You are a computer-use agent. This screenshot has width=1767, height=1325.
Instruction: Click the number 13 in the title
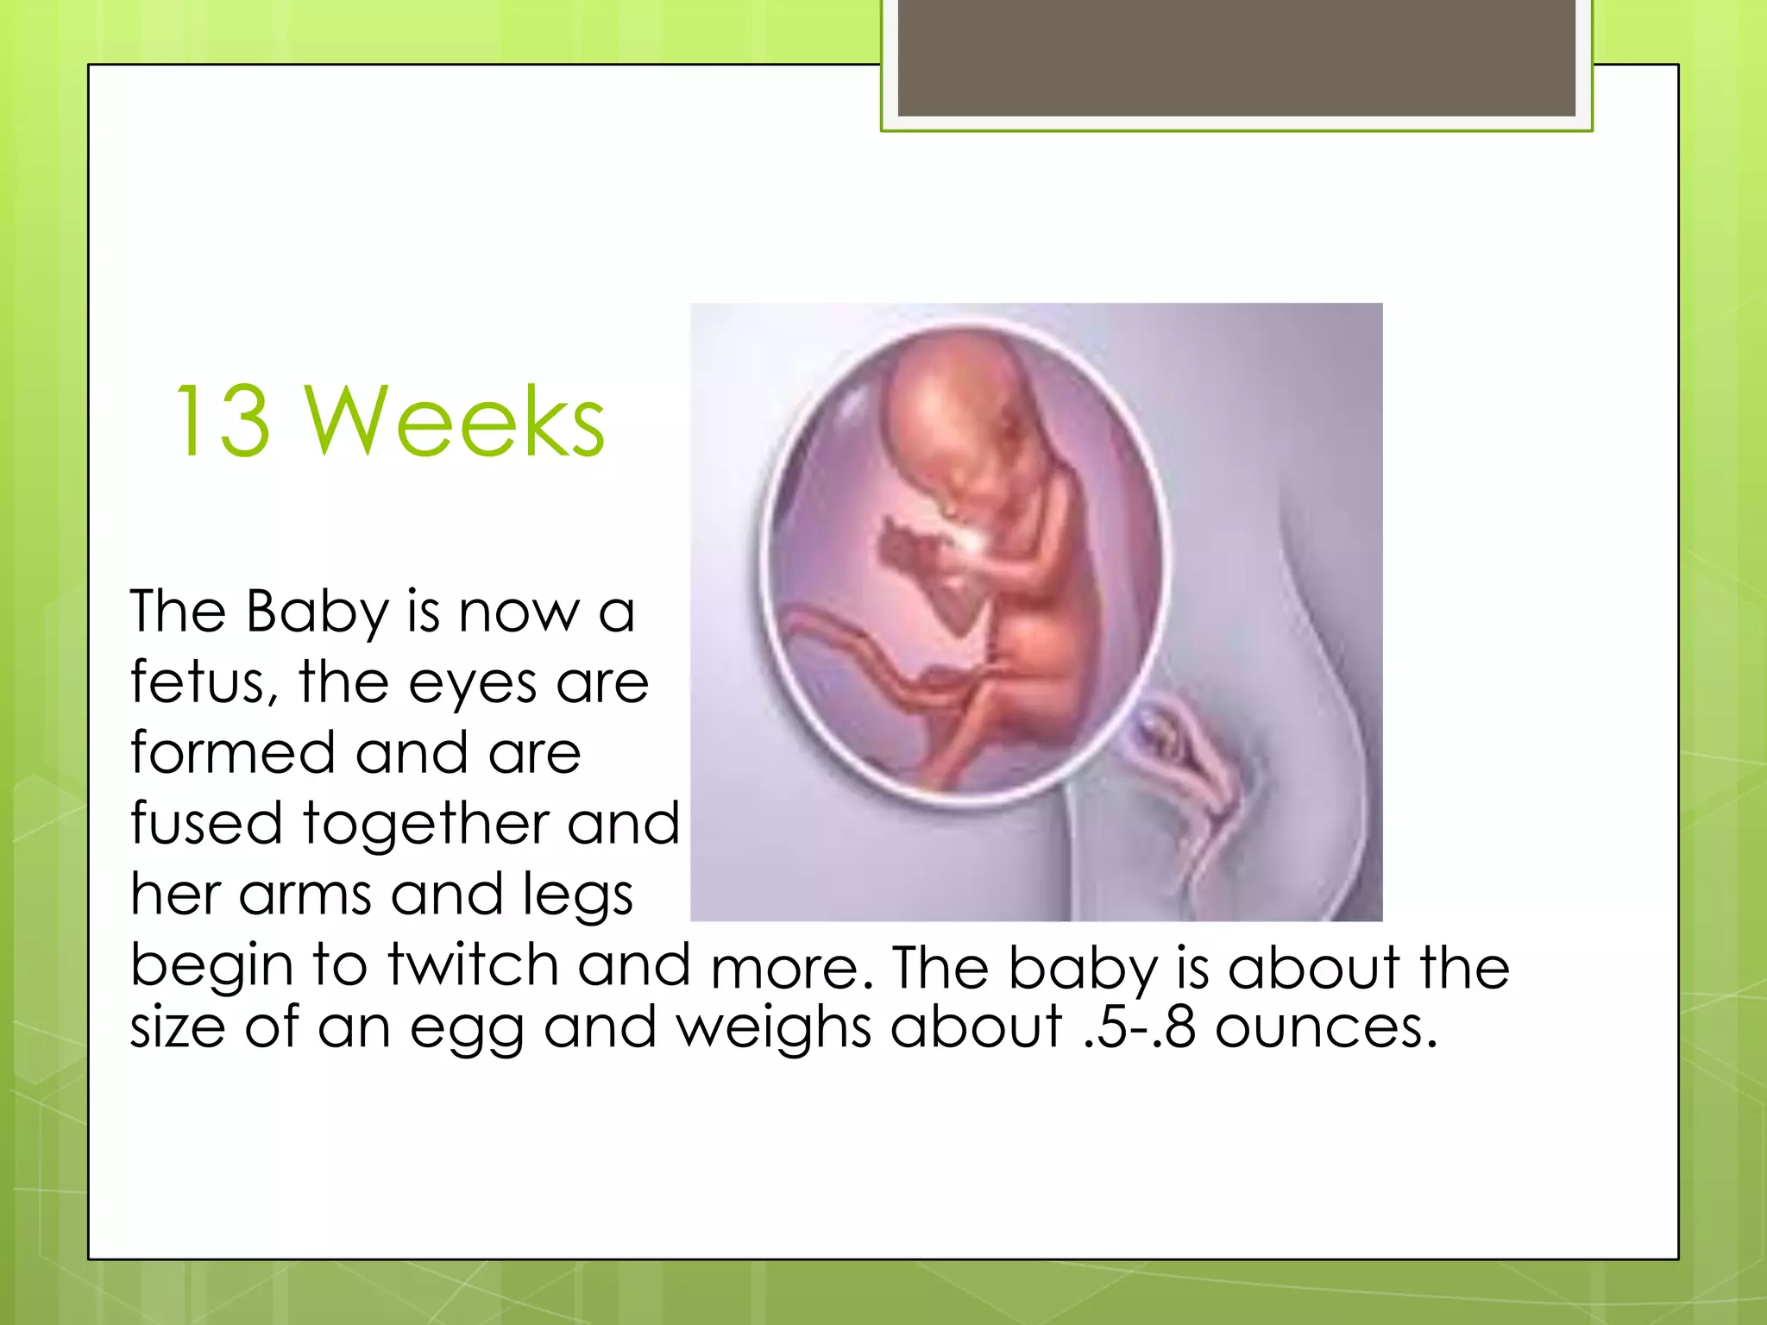pos(223,422)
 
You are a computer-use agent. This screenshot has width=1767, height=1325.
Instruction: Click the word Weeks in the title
pos(455,422)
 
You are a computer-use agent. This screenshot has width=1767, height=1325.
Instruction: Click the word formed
pos(232,752)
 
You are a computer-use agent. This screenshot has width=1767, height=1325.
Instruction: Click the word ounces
pos(1325,1028)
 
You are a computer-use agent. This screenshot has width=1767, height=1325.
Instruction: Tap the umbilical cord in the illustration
pos(863,656)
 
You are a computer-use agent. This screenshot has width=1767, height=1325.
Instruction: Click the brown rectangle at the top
pos(1236,59)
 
